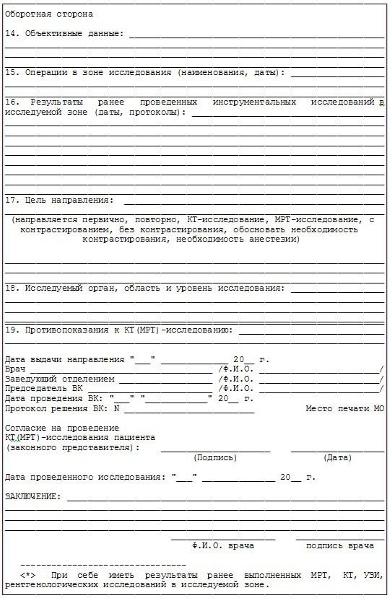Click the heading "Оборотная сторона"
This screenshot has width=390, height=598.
tap(49, 14)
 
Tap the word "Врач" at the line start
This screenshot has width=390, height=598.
tap(15, 369)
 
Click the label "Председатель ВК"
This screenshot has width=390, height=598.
tap(44, 388)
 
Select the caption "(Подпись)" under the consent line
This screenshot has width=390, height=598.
tap(215, 457)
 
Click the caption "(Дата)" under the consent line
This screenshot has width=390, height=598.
tap(337, 457)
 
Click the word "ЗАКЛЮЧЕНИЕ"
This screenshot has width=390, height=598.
tap(32, 497)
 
